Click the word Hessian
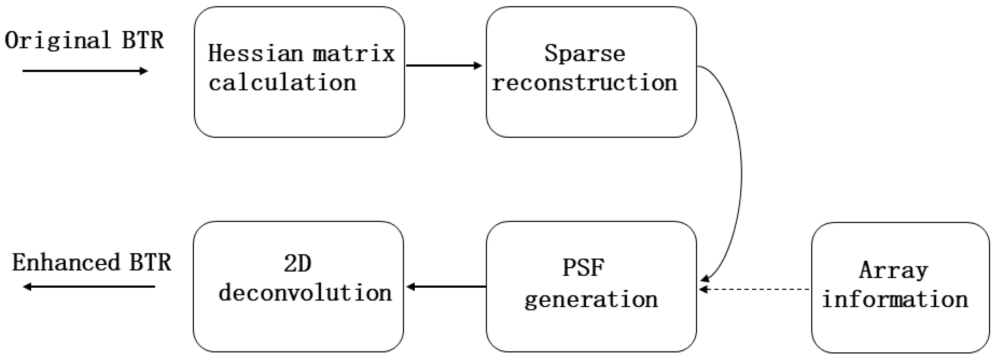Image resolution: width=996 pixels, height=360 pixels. tap(255, 53)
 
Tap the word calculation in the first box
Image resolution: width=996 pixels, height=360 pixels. tap(282, 83)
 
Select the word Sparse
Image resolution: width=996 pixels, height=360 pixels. tap(585, 53)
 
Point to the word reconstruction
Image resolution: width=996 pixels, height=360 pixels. tap(585, 83)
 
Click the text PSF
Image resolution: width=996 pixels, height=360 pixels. tap(583, 267)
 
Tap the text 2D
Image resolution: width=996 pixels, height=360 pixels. tap(297, 264)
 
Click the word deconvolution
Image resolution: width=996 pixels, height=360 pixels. tap(305, 293)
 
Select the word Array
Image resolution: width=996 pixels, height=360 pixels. tap(893, 270)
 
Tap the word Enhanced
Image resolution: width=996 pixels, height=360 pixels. tap(66, 263)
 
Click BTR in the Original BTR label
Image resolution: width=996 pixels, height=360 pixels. tap(143, 40)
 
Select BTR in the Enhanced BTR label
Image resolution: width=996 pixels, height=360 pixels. tap(150, 263)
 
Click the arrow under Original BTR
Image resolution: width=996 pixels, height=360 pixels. tap(85, 71)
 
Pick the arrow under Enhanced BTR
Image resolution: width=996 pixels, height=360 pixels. tap(89, 287)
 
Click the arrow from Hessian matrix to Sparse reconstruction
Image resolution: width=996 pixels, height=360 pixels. tap(444, 66)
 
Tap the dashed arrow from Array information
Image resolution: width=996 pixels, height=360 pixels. tap(754, 289)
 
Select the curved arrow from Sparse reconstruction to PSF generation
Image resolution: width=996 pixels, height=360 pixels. tap(741, 174)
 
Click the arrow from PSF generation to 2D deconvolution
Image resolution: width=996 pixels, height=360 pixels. tap(447, 287)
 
